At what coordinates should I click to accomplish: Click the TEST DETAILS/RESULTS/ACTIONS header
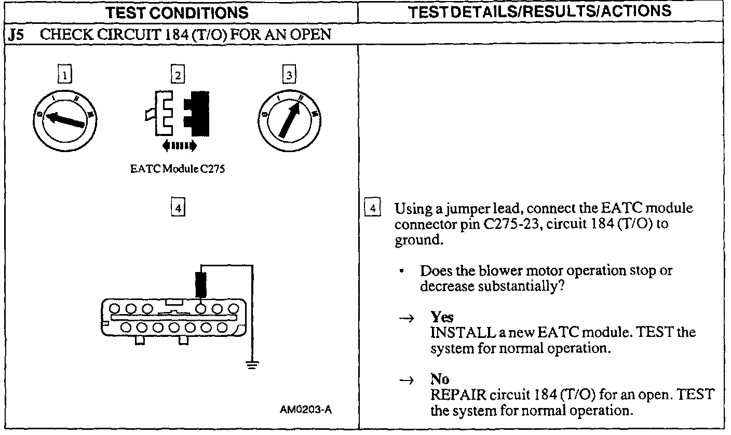545,11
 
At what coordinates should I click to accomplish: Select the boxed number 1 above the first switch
64,76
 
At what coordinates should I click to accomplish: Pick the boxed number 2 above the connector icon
178,76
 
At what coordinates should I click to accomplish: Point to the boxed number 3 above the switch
289,76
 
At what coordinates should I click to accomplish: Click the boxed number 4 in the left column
178,208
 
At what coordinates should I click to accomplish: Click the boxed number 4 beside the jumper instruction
372,209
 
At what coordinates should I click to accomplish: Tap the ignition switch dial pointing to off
65,119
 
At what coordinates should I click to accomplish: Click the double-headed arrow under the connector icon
179,145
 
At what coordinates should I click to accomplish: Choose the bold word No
440,380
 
